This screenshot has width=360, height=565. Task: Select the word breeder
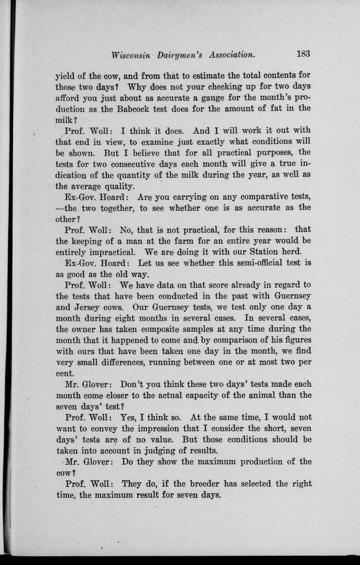point(197,484)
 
